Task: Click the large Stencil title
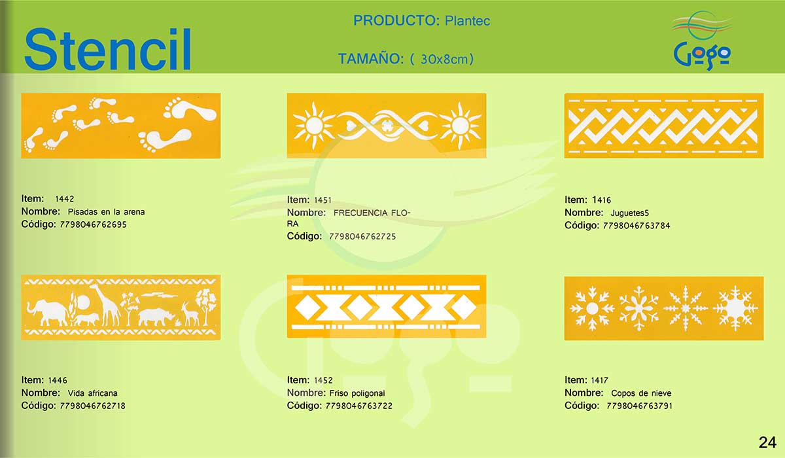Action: (x=107, y=49)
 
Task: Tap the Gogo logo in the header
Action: (x=701, y=41)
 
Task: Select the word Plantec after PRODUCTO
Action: (x=467, y=21)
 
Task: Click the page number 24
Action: (x=767, y=442)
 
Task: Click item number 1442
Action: (x=65, y=199)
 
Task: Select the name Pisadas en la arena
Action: (x=106, y=211)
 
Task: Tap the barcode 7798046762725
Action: (x=362, y=237)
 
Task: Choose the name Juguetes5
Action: (x=630, y=213)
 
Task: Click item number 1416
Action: (x=601, y=200)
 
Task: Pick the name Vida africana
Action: (x=92, y=393)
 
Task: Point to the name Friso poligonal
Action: (x=357, y=393)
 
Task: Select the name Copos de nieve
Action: (x=641, y=393)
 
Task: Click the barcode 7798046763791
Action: (x=640, y=406)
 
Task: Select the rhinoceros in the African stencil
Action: (x=156, y=317)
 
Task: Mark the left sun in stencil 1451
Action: (x=315, y=126)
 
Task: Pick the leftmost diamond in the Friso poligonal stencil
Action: (x=308, y=308)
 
